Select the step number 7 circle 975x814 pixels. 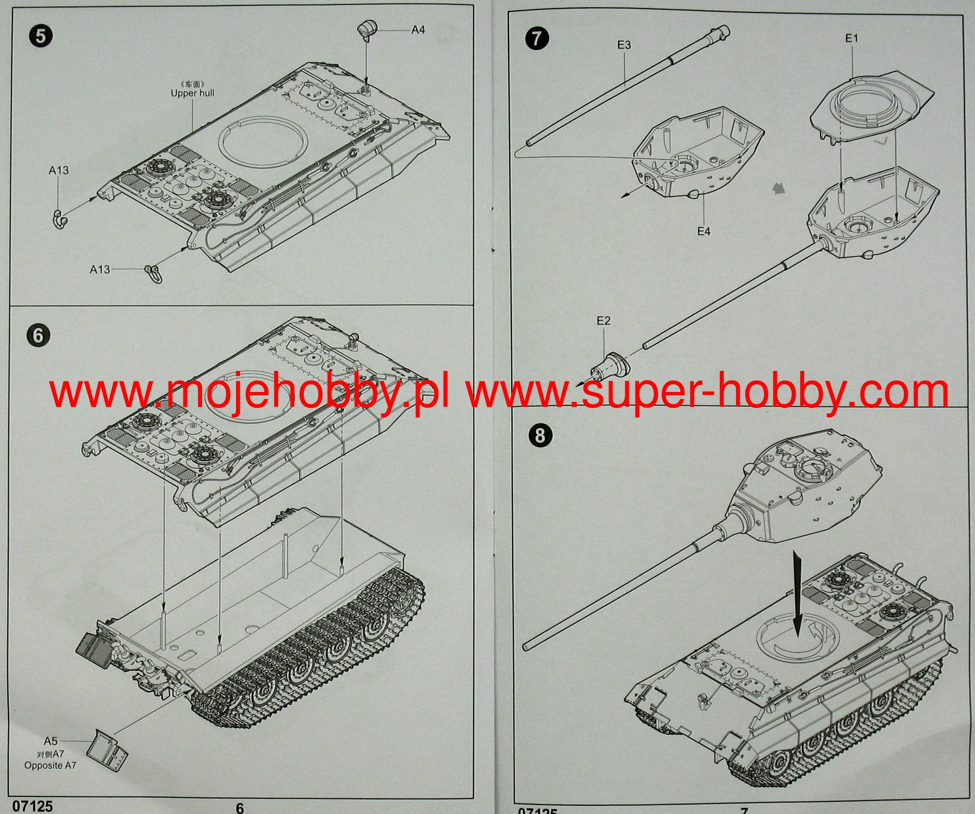[537, 38]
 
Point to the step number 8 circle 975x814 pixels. [539, 435]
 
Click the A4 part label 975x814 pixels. [418, 30]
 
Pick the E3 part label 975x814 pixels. [624, 45]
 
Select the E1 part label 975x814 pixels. [852, 38]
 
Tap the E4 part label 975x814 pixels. [704, 231]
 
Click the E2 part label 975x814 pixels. [604, 321]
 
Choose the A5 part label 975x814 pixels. [51, 741]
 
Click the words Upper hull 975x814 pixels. [192, 93]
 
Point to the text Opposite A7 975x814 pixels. [51, 766]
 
